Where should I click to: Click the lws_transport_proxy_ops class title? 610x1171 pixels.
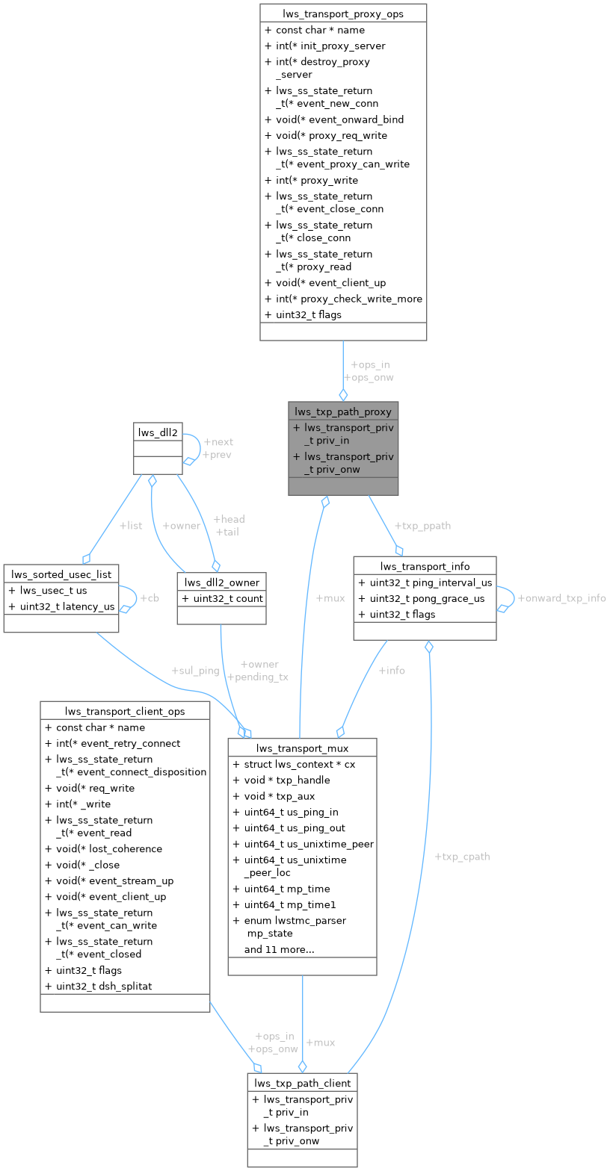click(x=343, y=13)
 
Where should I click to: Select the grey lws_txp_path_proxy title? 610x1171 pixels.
click(x=343, y=411)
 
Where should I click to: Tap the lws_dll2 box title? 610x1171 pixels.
click(x=158, y=432)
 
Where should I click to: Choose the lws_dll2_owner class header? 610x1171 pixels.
click(x=221, y=582)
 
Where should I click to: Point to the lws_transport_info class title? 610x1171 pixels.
click(x=424, y=566)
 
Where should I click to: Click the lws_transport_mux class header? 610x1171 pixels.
click(x=302, y=748)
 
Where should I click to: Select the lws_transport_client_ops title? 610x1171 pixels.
click(x=124, y=711)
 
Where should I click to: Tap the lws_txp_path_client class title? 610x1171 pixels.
click(x=302, y=1083)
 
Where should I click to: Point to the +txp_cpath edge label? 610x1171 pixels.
click(x=462, y=857)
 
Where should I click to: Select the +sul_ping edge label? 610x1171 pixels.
click(x=195, y=671)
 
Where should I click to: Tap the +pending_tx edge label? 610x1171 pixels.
click(x=257, y=677)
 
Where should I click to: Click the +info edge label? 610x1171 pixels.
click(x=392, y=671)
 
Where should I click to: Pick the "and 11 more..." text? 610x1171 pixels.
click(x=279, y=949)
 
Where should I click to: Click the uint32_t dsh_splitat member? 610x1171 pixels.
click(x=103, y=986)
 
